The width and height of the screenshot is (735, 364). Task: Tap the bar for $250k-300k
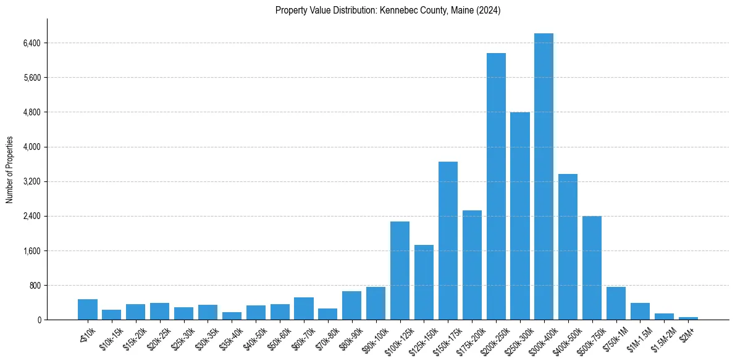(520, 216)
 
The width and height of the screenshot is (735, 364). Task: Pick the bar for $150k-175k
(448, 241)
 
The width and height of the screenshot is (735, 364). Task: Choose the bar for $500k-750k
(592, 268)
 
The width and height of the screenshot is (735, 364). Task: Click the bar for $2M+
(688, 318)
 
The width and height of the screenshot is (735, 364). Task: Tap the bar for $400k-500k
(568, 247)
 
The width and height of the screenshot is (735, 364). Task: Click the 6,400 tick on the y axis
(31, 43)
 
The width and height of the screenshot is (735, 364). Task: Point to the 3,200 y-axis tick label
(31, 182)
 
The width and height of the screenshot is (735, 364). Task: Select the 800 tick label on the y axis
(34, 286)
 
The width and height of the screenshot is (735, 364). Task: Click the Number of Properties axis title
(9, 170)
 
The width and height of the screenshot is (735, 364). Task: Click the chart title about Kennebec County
(387, 10)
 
